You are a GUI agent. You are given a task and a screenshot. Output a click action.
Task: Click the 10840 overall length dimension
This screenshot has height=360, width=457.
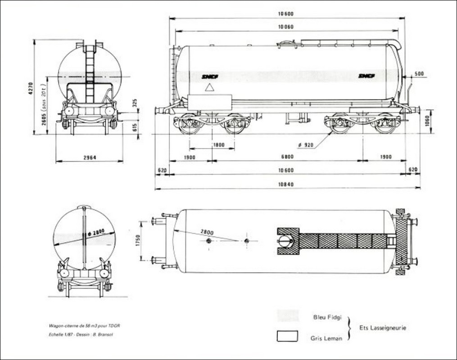pyautogui.click(x=286, y=185)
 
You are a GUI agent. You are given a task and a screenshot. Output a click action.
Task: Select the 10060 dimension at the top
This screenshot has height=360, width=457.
pyautogui.click(x=286, y=27)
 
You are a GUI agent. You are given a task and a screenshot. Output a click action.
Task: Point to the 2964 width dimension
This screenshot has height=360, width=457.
pyautogui.click(x=89, y=157)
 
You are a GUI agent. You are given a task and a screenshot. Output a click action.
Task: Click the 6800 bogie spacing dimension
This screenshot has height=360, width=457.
pyautogui.click(x=287, y=157)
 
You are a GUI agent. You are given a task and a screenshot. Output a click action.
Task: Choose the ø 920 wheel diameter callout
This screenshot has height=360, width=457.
pyautogui.click(x=306, y=145)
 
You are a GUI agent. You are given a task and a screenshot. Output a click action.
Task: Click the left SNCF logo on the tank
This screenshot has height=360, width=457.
pyautogui.click(x=210, y=76)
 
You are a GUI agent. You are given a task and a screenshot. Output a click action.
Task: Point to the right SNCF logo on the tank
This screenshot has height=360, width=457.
pyautogui.click(x=367, y=76)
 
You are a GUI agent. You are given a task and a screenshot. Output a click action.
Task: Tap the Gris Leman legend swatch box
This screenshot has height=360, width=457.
pyautogui.click(x=288, y=337)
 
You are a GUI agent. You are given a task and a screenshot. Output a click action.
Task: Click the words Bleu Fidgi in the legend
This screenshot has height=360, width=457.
pyautogui.click(x=328, y=317)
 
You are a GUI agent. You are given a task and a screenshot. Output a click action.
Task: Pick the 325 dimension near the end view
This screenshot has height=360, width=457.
pyautogui.click(x=135, y=103)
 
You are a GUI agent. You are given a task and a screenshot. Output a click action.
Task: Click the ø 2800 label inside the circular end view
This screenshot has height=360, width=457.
pyautogui.click(x=95, y=232)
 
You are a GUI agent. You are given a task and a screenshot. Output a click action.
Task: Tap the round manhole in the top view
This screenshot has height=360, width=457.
pyautogui.click(x=285, y=241)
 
